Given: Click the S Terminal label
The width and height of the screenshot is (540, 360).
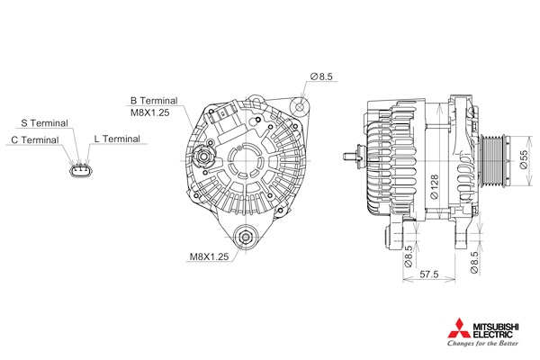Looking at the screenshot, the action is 44,123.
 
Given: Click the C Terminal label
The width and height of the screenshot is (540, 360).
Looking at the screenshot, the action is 35,139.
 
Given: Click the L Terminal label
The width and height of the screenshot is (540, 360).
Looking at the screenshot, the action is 117,139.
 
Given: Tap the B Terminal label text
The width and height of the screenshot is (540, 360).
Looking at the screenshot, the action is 154,101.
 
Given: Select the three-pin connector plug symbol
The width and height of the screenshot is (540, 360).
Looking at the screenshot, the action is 82,170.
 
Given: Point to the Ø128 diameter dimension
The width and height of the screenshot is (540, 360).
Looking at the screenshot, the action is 435,186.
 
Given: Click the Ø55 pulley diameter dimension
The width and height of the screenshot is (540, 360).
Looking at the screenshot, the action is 523,159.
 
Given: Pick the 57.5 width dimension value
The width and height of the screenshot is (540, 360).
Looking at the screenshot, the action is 429,274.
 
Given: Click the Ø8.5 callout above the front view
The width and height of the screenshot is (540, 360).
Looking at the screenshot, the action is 321,76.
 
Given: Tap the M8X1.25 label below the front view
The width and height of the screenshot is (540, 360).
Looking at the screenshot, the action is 209,256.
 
